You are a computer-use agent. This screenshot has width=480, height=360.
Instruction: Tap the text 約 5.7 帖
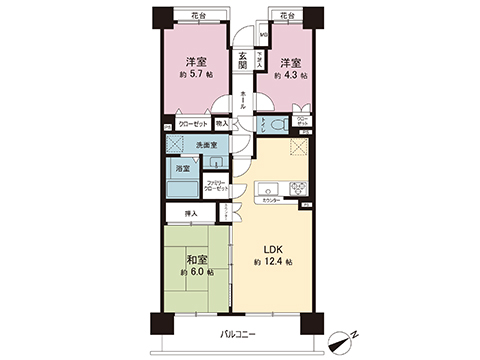coord(196,74)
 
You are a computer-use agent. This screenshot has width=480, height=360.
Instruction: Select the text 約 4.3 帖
coord(291,74)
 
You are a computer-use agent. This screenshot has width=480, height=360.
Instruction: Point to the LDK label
coord(273,248)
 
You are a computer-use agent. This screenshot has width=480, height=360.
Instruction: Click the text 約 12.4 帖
coord(273,262)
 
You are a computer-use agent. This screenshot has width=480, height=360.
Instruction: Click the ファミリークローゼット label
coord(217,185)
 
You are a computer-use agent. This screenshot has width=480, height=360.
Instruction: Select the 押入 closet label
coord(190,214)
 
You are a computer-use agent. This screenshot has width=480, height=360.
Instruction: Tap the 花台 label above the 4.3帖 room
coord(289,17)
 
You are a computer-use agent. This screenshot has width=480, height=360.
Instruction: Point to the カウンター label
coord(270,201)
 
